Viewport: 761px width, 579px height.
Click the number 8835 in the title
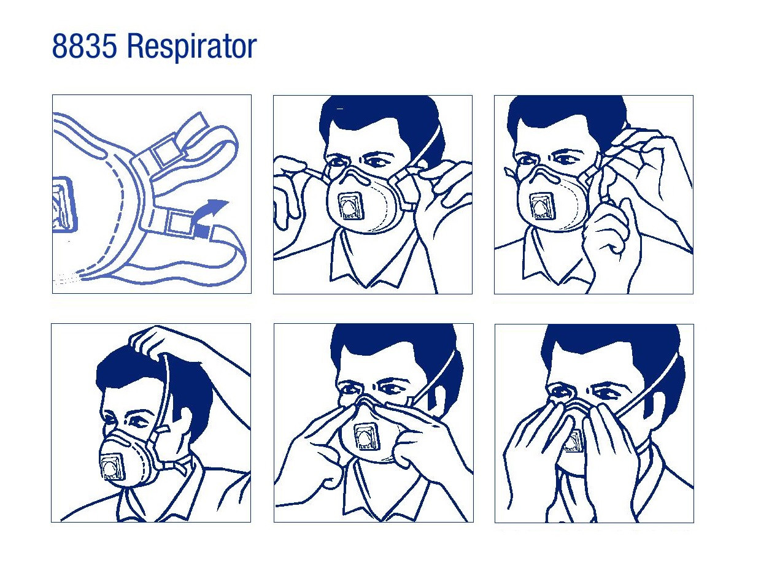point(84,47)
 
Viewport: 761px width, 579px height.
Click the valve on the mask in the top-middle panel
point(351,207)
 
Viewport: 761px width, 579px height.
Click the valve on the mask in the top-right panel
point(543,207)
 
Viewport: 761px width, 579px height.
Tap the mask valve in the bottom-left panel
point(112,468)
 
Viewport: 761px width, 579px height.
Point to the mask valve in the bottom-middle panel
point(367,438)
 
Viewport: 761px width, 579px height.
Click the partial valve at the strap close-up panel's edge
point(65,204)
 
